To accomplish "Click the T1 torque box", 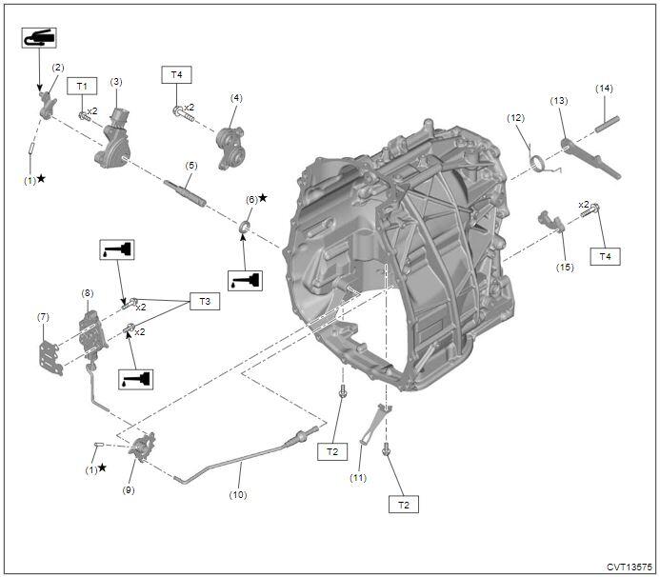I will click(x=82, y=86).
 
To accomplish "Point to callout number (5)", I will click(x=190, y=165).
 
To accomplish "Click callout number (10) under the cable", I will click(x=238, y=494).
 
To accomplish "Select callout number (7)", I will click(x=43, y=316).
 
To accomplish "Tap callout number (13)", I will click(x=559, y=101).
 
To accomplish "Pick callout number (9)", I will click(x=129, y=490).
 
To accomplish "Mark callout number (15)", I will click(x=566, y=268).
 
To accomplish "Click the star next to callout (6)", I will click(x=263, y=198).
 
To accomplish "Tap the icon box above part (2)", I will click(x=38, y=38).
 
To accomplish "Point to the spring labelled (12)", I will click(x=539, y=164).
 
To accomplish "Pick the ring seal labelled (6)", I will click(x=245, y=227).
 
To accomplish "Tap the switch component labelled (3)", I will click(x=118, y=139).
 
